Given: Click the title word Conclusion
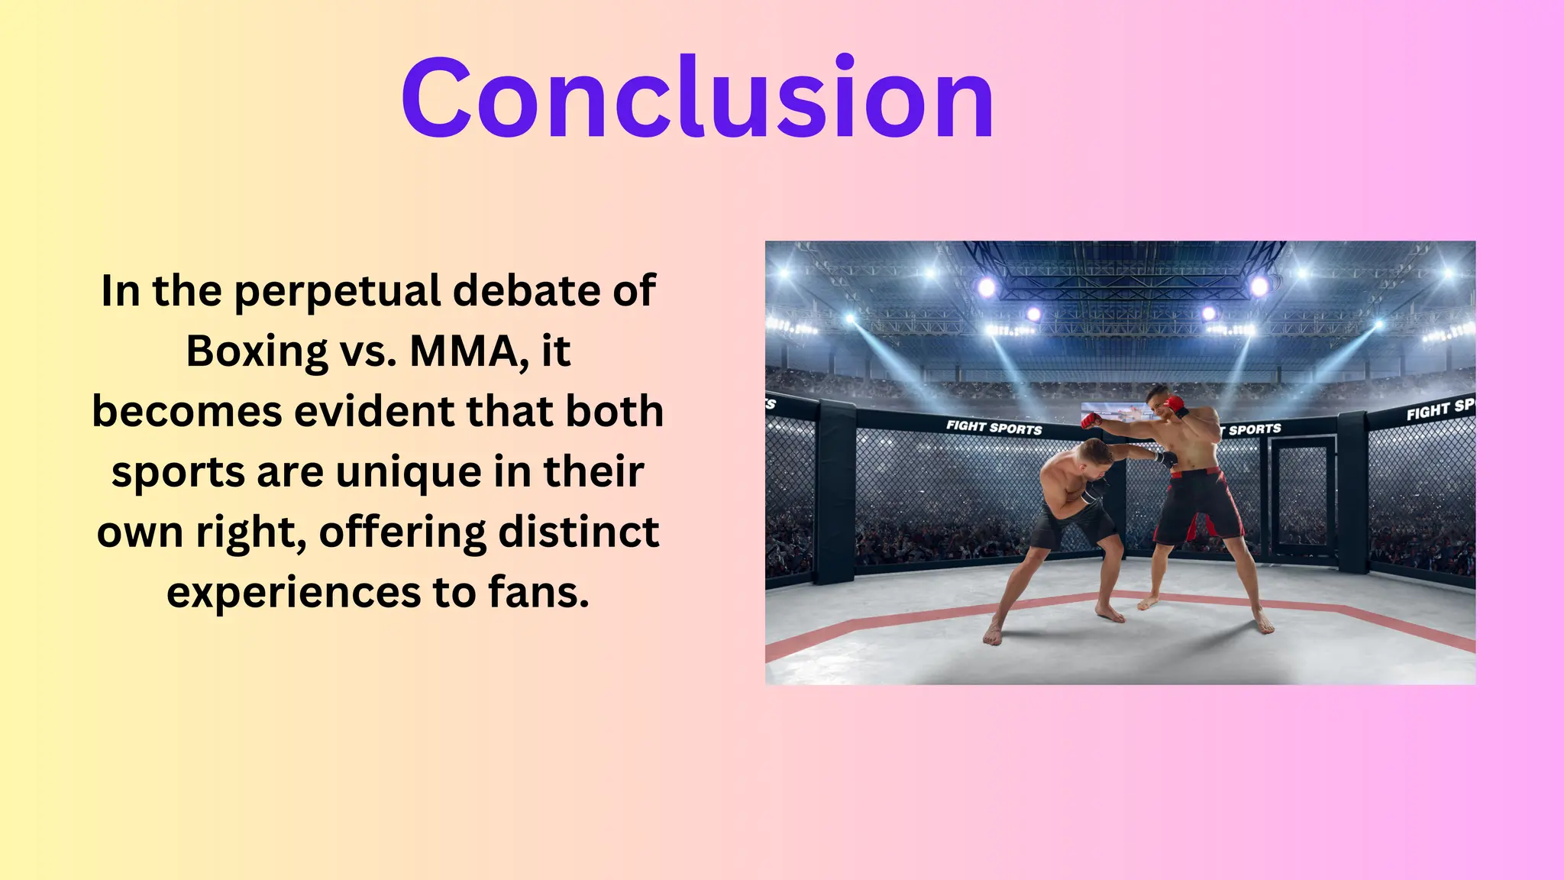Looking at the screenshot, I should click(697, 98).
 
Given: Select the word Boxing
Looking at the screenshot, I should click(257, 351).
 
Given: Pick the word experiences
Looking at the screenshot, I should click(293, 592).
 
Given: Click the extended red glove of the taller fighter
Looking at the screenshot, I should click(1091, 419).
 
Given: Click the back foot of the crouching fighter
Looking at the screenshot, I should click(992, 633).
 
